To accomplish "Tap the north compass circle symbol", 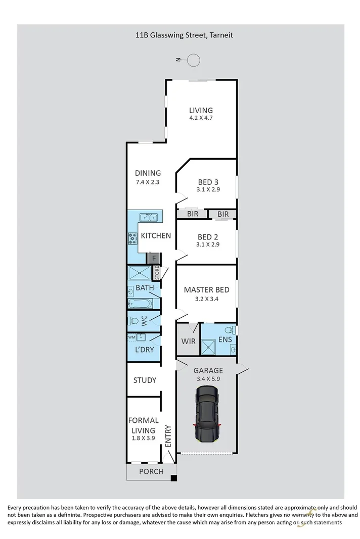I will click(194, 60).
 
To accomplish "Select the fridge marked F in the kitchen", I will click(154, 258).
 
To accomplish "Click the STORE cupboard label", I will click(157, 273).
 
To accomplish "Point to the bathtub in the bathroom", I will click(140, 304).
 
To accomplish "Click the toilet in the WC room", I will click(133, 321).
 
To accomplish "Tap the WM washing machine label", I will click(131, 337).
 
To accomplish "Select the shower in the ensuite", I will click(208, 348).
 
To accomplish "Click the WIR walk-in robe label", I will click(188, 341).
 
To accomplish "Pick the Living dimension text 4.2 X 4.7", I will click(201, 120).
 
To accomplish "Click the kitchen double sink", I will click(149, 217).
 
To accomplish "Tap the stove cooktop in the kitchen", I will click(133, 238).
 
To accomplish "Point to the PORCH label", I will click(151, 471).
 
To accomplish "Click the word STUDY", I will click(145, 380).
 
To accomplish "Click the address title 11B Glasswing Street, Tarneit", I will click(184, 35).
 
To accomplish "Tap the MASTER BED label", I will click(206, 289).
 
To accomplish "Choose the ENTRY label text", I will click(168, 435).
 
